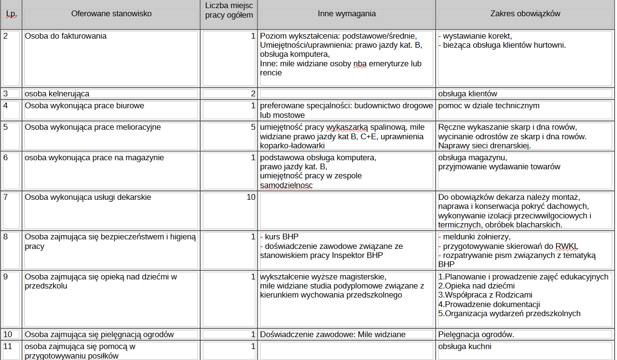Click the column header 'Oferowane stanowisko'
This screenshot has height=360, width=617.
pyautogui.click(x=111, y=14)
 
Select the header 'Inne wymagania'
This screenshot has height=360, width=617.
pyautogui.click(x=346, y=14)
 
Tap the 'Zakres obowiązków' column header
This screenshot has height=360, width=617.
pyautogui.click(x=525, y=14)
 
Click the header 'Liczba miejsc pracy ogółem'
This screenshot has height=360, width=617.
pyautogui.click(x=229, y=10)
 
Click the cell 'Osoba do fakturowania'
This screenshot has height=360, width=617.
pyautogui.click(x=65, y=36)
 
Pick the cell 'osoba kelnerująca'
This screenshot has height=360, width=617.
pyautogui.click(x=57, y=94)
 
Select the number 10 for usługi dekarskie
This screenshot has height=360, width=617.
pyautogui.click(x=251, y=197)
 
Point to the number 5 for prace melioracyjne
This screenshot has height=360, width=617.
pyautogui.click(x=253, y=127)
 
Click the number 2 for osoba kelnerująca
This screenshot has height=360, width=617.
pyautogui.click(x=253, y=94)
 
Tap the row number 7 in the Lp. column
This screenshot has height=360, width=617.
pyautogui.click(x=6, y=197)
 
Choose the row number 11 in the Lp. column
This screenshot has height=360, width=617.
pyautogui.click(x=8, y=347)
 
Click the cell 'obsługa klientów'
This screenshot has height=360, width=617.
pyautogui.click(x=468, y=94)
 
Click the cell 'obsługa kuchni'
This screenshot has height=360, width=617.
pyautogui.click(x=465, y=347)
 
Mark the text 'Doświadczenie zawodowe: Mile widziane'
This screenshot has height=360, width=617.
pyautogui.click(x=333, y=335)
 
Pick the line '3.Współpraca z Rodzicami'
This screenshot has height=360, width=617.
pyautogui.click(x=485, y=295)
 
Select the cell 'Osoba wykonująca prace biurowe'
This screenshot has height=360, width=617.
pyautogui.click(x=84, y=106)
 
